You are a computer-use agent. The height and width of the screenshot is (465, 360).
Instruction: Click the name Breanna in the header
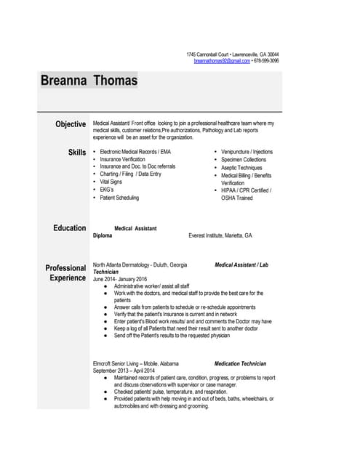[63, 81]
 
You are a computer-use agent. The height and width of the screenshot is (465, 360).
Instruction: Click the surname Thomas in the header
[115, 81]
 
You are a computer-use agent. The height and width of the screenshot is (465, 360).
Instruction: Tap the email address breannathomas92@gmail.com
[222, 61]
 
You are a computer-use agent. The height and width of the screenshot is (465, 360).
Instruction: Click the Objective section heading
[71, 124]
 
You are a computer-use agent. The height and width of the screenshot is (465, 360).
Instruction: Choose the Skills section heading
[77, 152]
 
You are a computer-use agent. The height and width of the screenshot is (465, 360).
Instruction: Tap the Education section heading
[69, 228]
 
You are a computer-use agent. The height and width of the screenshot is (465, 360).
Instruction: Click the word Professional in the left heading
[65, 268]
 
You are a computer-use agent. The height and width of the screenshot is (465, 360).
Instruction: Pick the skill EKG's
[107, 190]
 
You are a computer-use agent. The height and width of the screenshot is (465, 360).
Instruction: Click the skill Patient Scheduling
[119, 198]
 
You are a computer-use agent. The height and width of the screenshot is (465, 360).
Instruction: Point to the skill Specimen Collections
[244, 160]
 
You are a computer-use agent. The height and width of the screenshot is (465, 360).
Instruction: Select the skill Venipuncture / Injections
[247, 152]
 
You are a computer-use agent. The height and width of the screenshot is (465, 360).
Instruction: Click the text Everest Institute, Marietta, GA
[220, 236]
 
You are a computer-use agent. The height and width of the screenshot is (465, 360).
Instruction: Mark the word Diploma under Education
[103, 236]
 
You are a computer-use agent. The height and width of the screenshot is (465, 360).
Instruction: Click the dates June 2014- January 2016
[120, 279]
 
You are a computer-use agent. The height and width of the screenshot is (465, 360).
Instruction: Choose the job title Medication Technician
[240, 364]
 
